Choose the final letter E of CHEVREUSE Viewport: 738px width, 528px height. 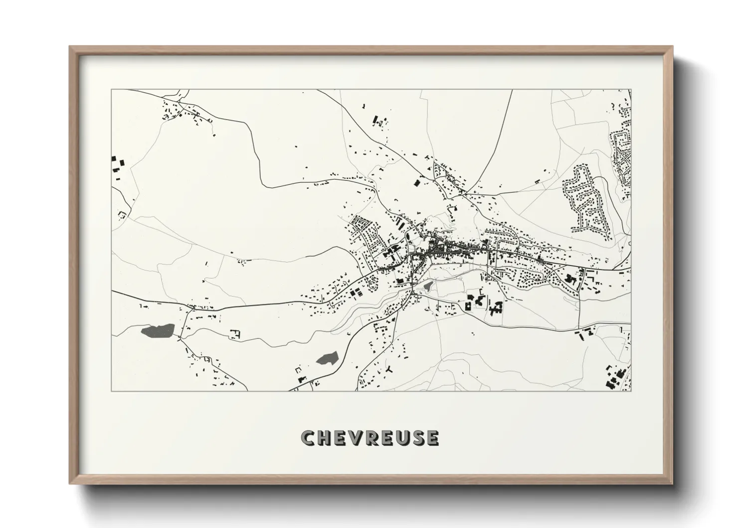click(x=432, y=438)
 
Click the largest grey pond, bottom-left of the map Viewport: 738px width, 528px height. click(x=158, y=330)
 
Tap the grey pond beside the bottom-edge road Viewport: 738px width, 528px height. click(x=327, y=357)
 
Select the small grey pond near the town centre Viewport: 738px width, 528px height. click(x=428, y=286)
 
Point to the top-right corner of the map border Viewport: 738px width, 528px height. click(x=631, y=90)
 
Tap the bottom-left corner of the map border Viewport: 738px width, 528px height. click(x=112, y=391)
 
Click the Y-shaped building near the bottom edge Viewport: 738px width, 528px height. click(x=388, y=369)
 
